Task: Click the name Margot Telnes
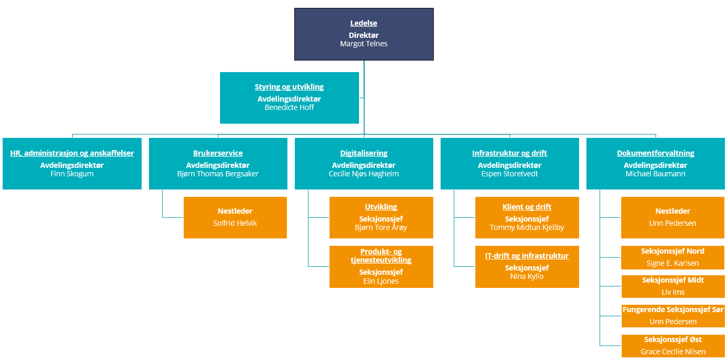tap(363, 44)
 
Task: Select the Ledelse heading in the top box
tap(363, 23)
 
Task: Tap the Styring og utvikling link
tap(289, 87)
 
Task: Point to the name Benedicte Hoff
tap(289, 107)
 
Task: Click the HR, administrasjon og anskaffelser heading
tap(72, 153)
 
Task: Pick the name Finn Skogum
tap(72, 174)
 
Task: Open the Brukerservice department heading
tap(218, 153)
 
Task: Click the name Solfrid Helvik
tap(235, 223)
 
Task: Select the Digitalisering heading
tap(363, 153)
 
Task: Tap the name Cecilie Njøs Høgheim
tap(363, 174)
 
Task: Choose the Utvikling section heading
tap(381, 207)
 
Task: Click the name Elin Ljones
tap(381, 281)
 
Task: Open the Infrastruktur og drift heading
tap(510, 153)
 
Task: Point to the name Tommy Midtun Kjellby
tap(527, 227)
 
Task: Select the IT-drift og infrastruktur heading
tap(527, 256)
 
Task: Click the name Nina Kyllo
tap(527, 276)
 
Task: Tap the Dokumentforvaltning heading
tap(655, 153)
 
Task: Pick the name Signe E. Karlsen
tap(672, 263)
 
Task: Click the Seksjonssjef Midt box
tap(673, 286)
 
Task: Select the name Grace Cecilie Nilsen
tap(673, 352)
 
